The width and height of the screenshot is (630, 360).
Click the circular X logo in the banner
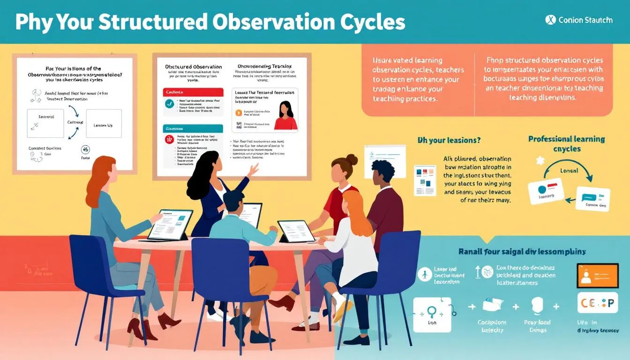550,20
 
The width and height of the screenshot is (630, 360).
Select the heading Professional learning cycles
566,144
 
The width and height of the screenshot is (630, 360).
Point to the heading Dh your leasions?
449,140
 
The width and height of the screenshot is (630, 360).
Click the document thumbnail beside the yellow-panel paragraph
425,180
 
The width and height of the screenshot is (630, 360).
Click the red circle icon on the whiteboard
169,139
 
